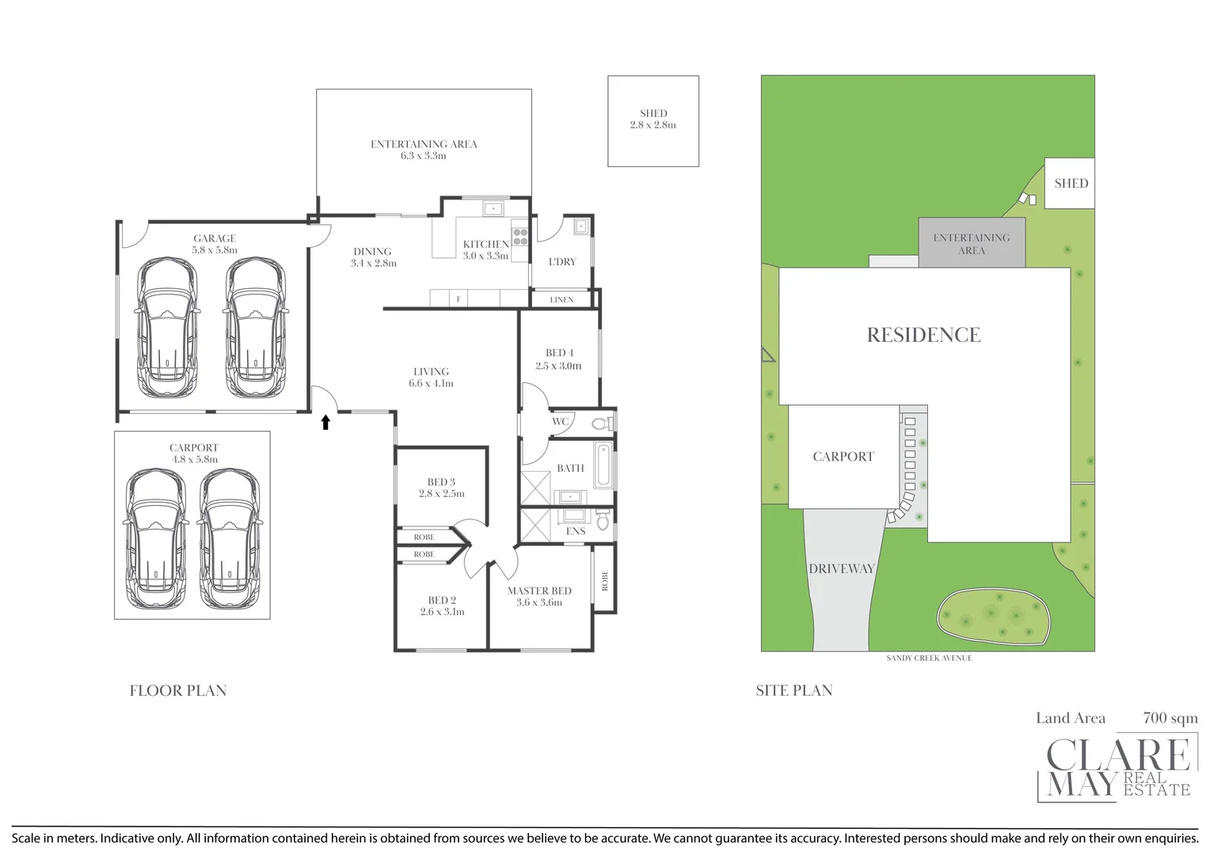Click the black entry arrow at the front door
[325, 423]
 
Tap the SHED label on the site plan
[1071, 183]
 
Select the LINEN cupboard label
[561, 300]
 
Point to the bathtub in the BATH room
[604, 465]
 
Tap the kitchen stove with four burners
[519, 237]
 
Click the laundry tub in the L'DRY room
[580, 226]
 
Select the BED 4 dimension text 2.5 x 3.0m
[558, 366]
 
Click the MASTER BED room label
[539, 591]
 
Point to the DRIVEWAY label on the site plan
[842, 568]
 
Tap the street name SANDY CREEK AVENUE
[929, 658]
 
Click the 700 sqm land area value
[1170, 718]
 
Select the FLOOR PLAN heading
[177, 690]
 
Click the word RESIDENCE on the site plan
[923, 335]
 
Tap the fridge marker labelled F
[459, 298]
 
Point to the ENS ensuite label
[576, 531]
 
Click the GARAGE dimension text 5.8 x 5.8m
[215, 250]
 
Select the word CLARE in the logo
[1118, 754]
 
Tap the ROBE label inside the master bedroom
[604, 580]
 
